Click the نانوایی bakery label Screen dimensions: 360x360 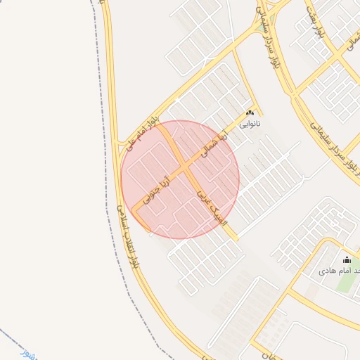tap(250, 124)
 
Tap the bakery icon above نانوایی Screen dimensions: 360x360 tap(250, 112)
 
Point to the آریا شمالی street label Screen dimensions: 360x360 tap(214, 143)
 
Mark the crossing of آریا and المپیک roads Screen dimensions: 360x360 tap(184, 169)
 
